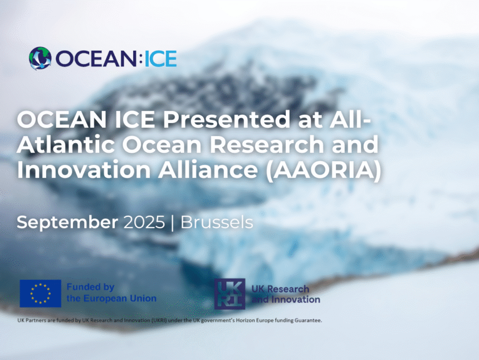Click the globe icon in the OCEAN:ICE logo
[40, 58]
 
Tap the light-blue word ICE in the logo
[160, 59]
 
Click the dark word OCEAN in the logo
[96, 59]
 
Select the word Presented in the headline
[227, 119]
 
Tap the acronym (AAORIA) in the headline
[324, 171]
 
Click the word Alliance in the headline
[208, 169]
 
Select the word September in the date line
[67, 223]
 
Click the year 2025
[144, 222]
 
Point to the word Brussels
[217, 222]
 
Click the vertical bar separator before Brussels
[173, 223]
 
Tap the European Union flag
[41, 293]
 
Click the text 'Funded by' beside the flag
[90, 287]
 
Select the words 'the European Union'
[111, 298]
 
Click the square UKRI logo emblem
[229, 294]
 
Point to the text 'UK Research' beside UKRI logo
[280, 289]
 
